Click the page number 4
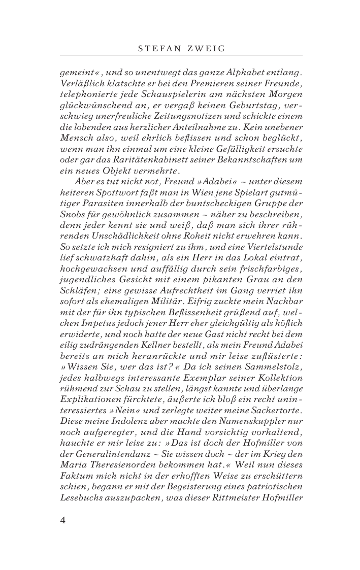point(63,520)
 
